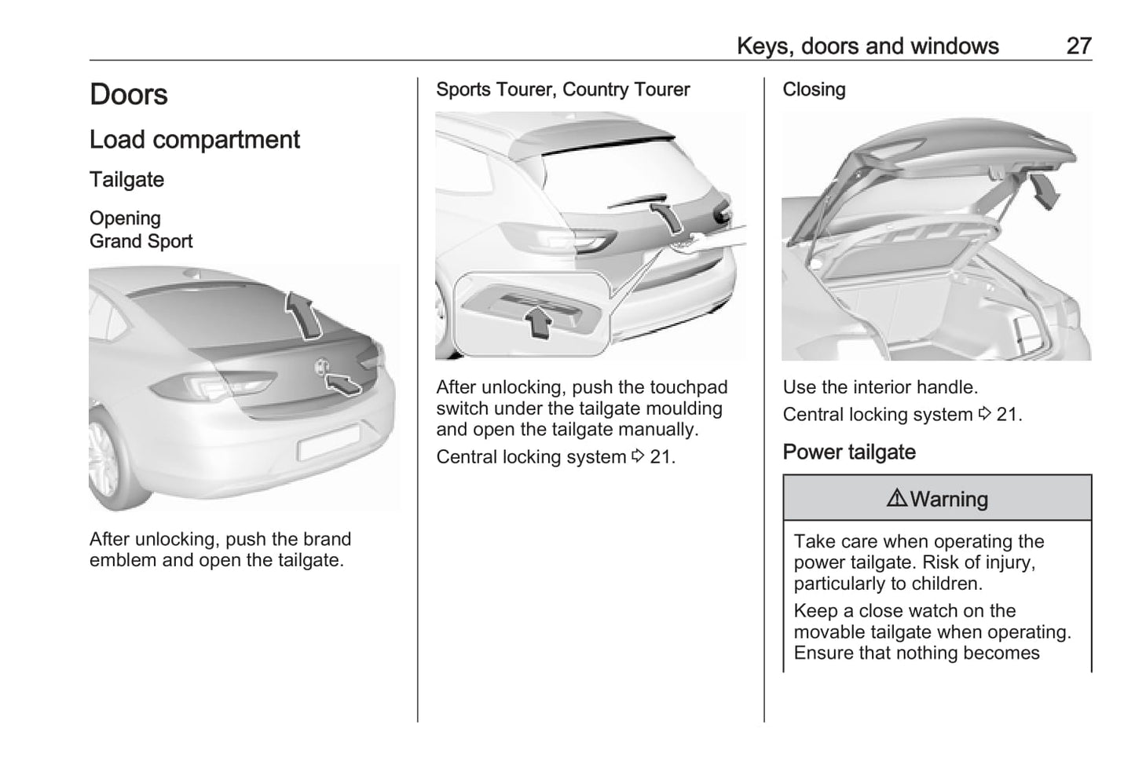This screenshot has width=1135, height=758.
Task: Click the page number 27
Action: click(1078, 46)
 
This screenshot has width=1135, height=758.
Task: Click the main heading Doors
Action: click(129, 94)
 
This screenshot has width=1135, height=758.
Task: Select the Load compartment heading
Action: click(194, 140)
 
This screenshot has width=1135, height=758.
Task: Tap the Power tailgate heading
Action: click(848, 452)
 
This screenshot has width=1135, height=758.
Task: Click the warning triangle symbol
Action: click(896, 498)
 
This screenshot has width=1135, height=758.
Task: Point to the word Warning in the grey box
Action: click(949, 499)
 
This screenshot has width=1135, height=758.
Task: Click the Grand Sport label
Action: click(141, 241)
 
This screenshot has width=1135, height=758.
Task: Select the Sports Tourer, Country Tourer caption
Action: click(562, 90)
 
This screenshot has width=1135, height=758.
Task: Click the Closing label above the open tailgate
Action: click(814, 90)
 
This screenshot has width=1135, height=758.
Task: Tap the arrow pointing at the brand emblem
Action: click(342, 383)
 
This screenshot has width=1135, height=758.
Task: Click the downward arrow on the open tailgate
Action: click(1043, 192)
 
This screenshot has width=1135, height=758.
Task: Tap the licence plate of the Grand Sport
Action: click(328, 442)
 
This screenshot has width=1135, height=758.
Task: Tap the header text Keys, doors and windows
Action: click(867, 46)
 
